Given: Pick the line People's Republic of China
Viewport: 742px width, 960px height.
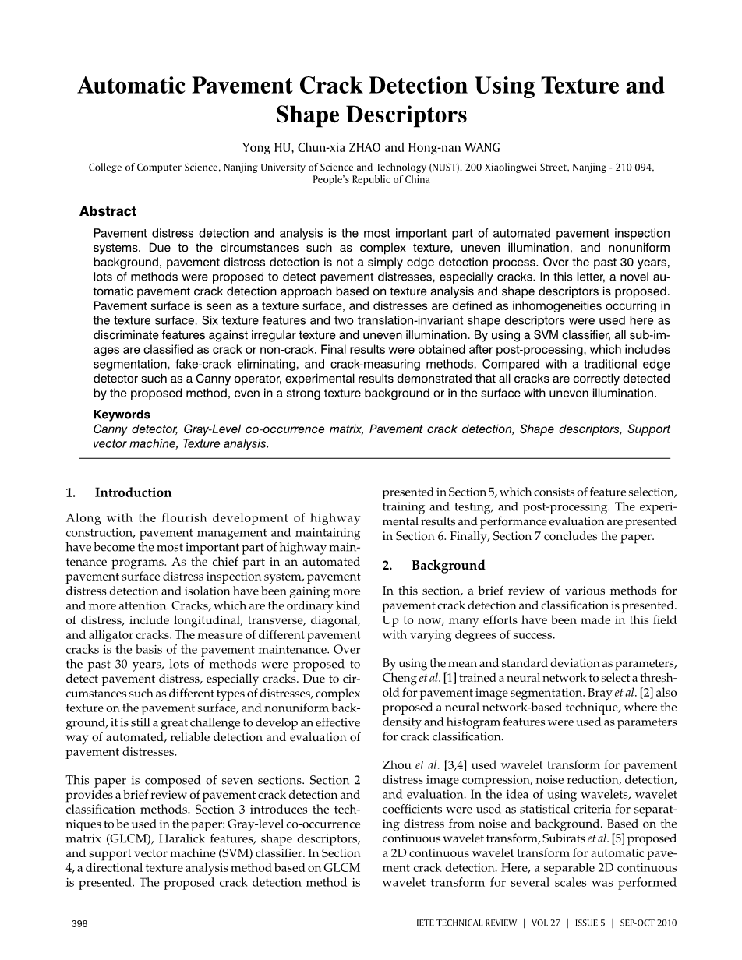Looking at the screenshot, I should [371, 179].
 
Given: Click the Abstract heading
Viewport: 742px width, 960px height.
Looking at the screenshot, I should [108, 211].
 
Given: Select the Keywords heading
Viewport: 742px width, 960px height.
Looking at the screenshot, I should [122, 415].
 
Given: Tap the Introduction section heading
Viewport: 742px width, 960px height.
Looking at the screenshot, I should [132, 492].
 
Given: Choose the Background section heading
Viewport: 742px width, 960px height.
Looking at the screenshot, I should [448, 565].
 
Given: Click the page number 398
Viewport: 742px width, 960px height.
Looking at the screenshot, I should [79, 923].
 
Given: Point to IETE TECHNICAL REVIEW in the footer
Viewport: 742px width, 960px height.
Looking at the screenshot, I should [467, 923].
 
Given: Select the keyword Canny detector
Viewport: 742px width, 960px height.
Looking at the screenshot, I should [136, 429].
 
